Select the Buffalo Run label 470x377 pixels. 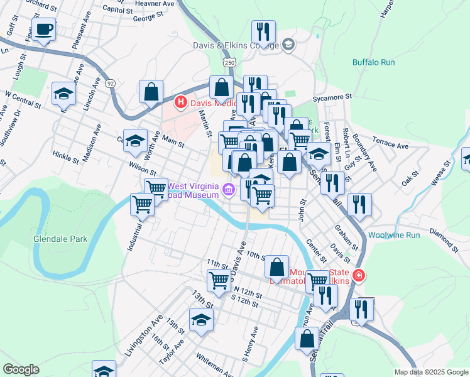pyautogui.click(x=373, y=62)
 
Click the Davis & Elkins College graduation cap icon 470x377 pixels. pyautogui.click(x=288, y=44)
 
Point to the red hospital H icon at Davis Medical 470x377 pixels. pyautogui.click(x=181, y=102)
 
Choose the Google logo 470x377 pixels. pyautogui.click(x=21, y=369)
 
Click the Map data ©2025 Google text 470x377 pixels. pyautogui.click(x=430, y=372)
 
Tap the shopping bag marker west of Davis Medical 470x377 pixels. pyautogui.click(x=151, y=92)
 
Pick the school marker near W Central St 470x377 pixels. pyautogui.click(x=63, y=94)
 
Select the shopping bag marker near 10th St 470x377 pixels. pyautogui.click(x=276, y=267)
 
